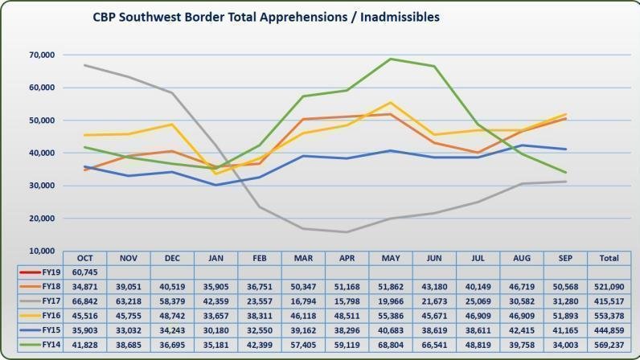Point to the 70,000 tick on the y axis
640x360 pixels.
click(40, 55)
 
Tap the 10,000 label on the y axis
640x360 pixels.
click(40, 251)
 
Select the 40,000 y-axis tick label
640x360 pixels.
click(40, 153)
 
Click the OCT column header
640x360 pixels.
click(85, 258)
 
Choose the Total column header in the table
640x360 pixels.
click(608, 258)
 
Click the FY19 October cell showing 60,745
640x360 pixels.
click(85, 272)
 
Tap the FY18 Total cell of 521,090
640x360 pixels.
click(608, 286)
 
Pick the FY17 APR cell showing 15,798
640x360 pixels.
click(347, 300)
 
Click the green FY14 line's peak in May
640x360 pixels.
click(390, 59)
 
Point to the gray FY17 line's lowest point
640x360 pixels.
click(347, 232)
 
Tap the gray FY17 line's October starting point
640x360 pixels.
click(85, 65)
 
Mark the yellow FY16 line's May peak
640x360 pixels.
click(390, 102)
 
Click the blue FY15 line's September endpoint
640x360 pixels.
click(564, 149)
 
